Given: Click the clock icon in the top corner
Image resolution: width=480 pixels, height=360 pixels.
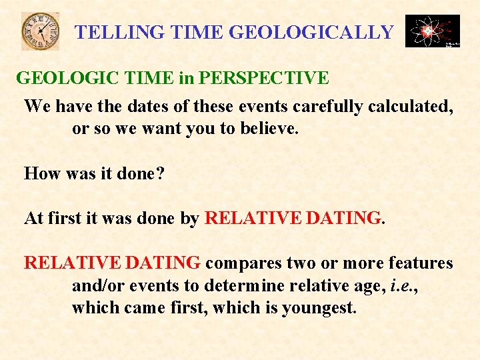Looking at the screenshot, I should point(40,31).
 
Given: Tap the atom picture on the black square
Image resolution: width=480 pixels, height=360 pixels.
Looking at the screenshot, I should point(432,31).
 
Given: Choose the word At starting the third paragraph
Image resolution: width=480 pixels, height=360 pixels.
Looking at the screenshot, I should point(34,218).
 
